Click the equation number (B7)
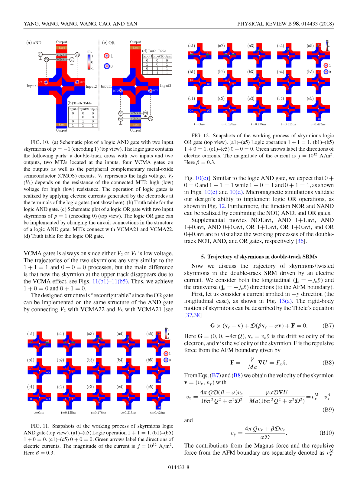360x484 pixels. point(328,326)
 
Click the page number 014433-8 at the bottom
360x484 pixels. point(179,467)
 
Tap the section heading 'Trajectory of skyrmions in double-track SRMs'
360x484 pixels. point(259,257)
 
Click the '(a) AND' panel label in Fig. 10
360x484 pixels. point(34,43)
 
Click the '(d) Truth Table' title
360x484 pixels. point(154,51)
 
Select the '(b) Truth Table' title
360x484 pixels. point(80,103)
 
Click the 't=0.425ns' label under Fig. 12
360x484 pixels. point(318,124)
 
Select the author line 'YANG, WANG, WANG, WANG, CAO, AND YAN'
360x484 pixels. point(80,24)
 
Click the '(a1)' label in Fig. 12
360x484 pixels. point(192,46)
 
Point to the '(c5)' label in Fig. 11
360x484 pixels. point(150,387)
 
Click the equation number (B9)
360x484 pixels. point(328,410)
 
